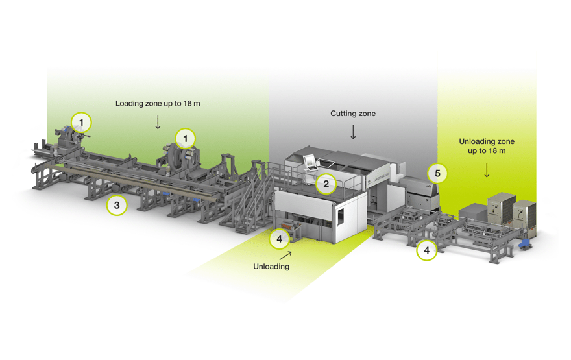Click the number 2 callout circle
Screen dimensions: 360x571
pyautogui.click(x=326, y=184)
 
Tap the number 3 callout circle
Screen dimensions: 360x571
pyautogui.click(x=117, y=206)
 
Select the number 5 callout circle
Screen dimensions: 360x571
pyautogui.click(x=437, y=173)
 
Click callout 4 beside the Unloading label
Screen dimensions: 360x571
pyautogui.click(x=279, y=239)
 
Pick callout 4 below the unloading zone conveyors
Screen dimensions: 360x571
pyautogui.click(x=426, y=250)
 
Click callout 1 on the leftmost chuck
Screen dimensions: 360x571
pyautogui.click(x=81, y=121)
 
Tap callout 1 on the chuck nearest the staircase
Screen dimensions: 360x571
pyautogui.click(x=185, y=138)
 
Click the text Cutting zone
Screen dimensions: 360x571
pyautogui.click(x=353, y=114)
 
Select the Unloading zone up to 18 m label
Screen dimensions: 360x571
pyautogui.click(x=487, y=146)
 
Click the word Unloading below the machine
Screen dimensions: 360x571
pyautogui.click(x=271, y=266)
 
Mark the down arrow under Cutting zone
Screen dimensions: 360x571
pyautogui.click(x=353, y=132)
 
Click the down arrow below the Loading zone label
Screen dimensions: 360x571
pyautogui.click(x=158, y=122)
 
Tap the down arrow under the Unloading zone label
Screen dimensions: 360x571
pyautogui.click(x=487, y=170)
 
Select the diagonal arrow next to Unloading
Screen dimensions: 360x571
pyautogui.click(x=285, y=256)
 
